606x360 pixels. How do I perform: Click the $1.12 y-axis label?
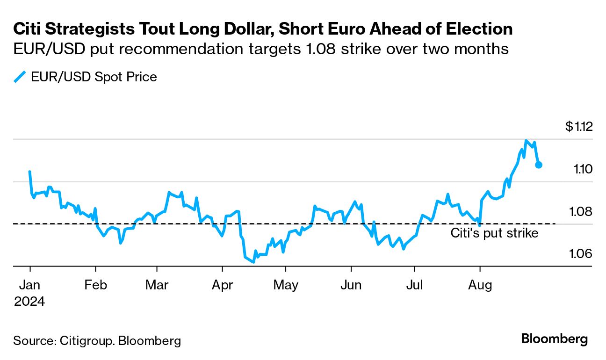(x=579, y=126)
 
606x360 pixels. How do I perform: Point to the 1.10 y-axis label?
(x=583, y=169)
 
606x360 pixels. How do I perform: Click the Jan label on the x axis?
(x=30, y=285)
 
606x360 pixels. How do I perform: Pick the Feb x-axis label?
(x=95, y=285)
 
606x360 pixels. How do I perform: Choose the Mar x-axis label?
(x=157, y=285)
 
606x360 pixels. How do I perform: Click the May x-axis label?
(x=286, y=285)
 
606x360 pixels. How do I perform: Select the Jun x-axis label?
(x=351, y=285)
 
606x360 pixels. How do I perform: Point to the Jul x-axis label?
(x=414, y=285)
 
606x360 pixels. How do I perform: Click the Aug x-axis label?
(x=480, y=285)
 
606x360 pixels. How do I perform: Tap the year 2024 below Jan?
(x=29, y=302)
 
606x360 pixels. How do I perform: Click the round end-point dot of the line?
(x=539, y=165)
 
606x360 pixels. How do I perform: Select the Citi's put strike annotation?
(x=494, y=233)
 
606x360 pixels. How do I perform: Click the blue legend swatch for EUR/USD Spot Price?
(x=20, y=77)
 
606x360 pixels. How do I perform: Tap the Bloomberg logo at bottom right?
(x=555, y=339)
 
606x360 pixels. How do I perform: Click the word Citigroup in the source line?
(x=87, y=341)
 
